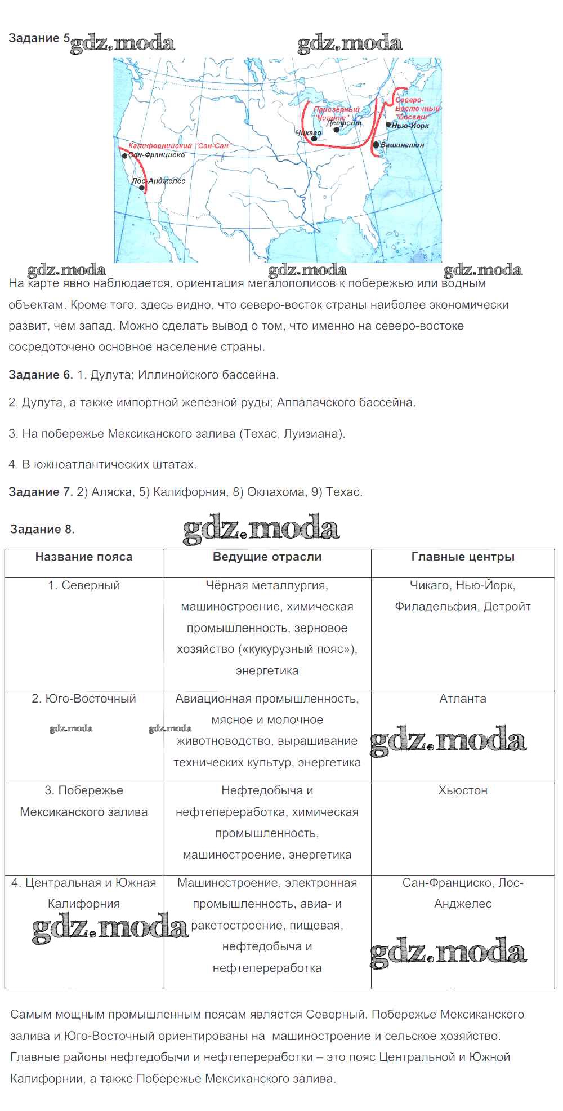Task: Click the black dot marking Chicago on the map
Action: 314,139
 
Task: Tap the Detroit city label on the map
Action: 343,123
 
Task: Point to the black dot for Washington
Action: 376,145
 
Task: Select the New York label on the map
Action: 410,125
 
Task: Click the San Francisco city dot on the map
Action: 124,155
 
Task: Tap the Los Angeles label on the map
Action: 159,181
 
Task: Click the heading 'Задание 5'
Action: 39,38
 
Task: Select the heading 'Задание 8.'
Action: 42,529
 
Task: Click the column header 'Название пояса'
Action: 84,557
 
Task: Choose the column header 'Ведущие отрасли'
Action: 267,557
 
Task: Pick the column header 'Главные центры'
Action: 463,557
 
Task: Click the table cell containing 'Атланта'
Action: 463,699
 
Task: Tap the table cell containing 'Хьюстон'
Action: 463,790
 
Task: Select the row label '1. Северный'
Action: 84,585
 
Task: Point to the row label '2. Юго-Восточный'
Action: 84,699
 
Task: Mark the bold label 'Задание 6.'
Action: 41,375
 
